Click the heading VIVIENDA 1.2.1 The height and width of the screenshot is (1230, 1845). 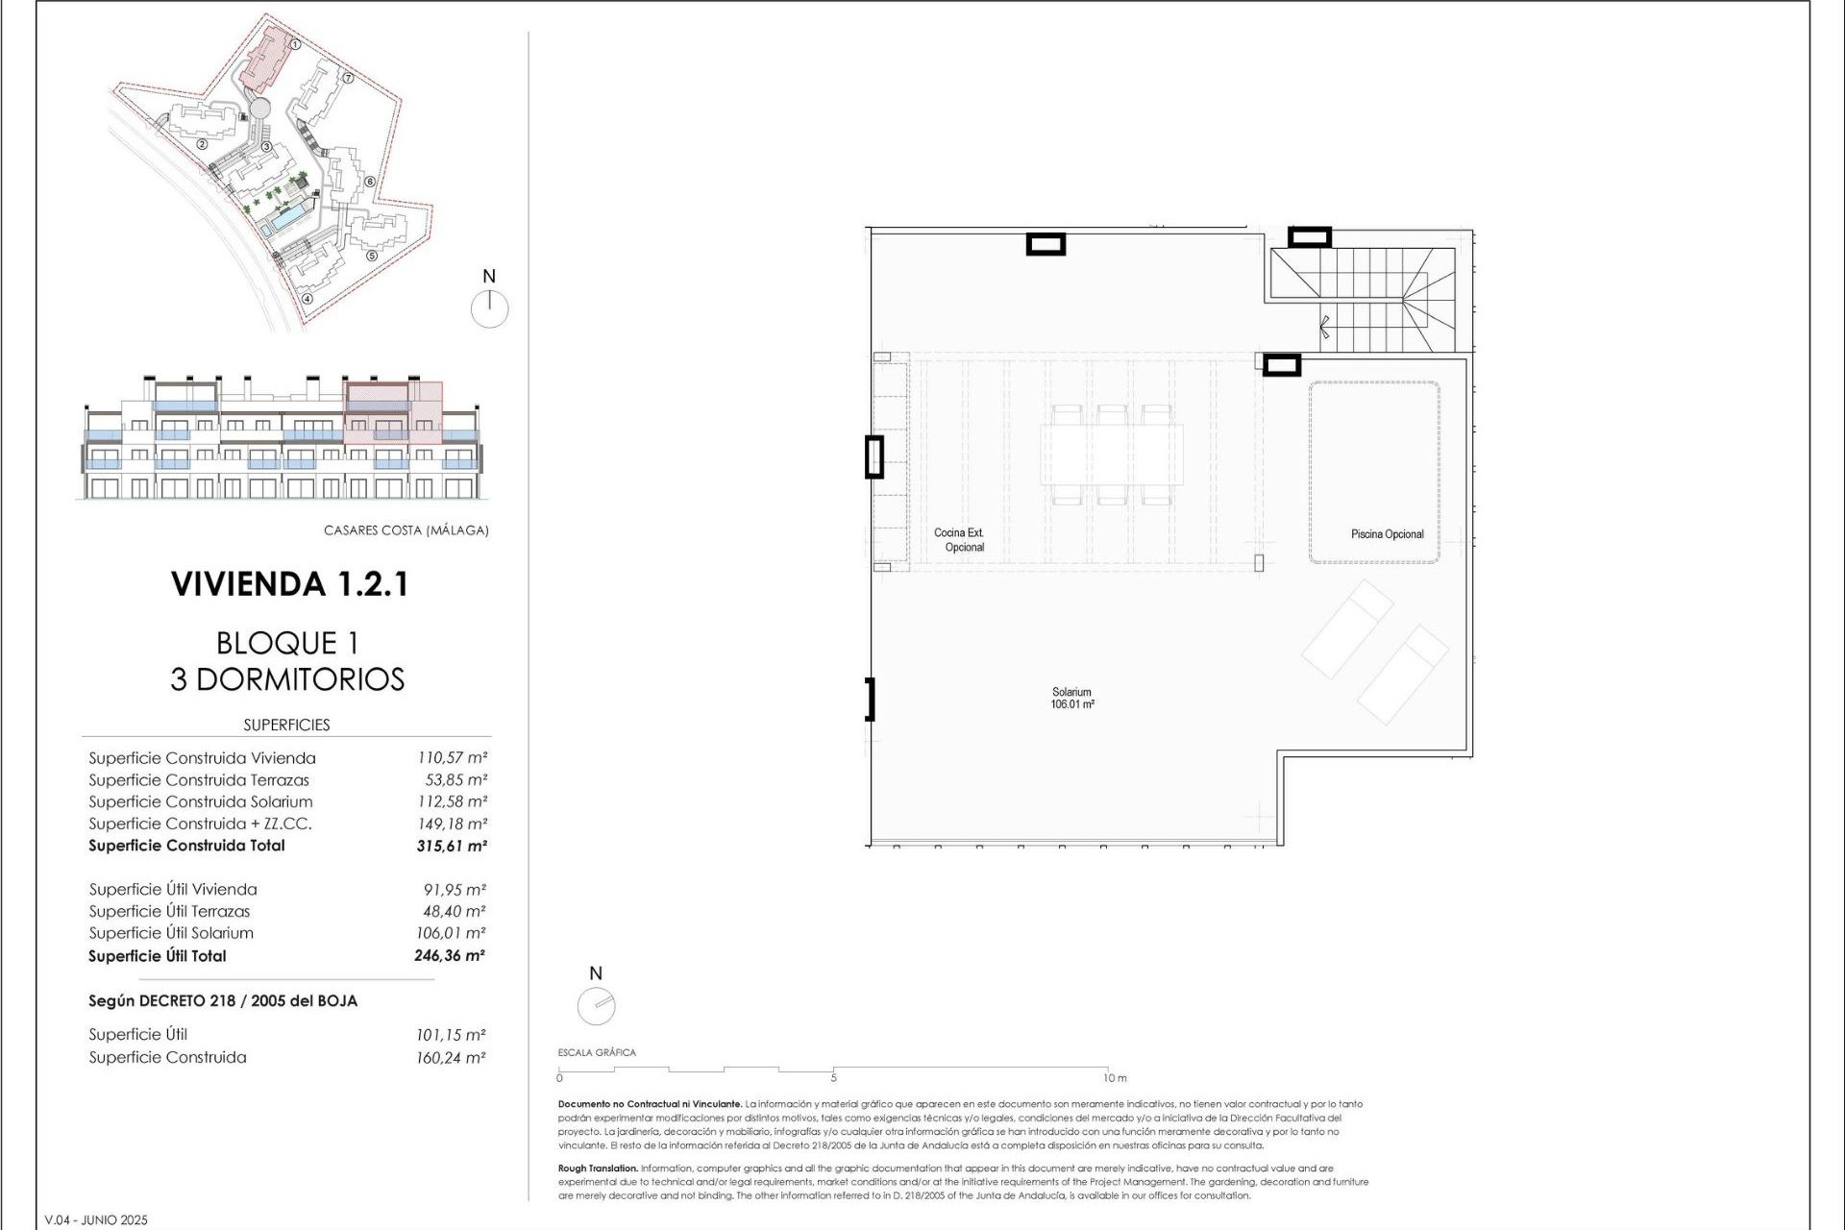[289, 584]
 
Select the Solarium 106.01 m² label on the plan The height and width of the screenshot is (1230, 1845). [1071, 699]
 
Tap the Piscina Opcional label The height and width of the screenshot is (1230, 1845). [1387, 534]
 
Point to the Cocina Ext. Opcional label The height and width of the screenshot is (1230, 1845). [960, 540]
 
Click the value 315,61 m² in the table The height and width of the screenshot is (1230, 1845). [452, 847]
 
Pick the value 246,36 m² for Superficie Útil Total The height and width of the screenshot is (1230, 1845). [450, 956]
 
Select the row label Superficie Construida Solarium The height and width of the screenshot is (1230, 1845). [201, 801]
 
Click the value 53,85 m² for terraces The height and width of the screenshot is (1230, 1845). [455, 780]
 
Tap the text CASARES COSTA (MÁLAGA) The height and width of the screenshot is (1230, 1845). [406, 530]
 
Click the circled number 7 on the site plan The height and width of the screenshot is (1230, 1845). [349, 79]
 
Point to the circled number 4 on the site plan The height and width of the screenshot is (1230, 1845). [307, 298]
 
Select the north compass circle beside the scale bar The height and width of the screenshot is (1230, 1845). [596, 1006]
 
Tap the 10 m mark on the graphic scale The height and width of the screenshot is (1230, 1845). [1114, 1078]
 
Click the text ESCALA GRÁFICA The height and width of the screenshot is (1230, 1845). [597, 1052]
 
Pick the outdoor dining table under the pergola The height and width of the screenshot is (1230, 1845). [1113, 455]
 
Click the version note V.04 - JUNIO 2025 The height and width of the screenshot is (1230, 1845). [96, 1220]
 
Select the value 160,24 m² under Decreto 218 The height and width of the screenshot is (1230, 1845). [451, 1058]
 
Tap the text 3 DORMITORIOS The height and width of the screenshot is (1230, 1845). [287, 679]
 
